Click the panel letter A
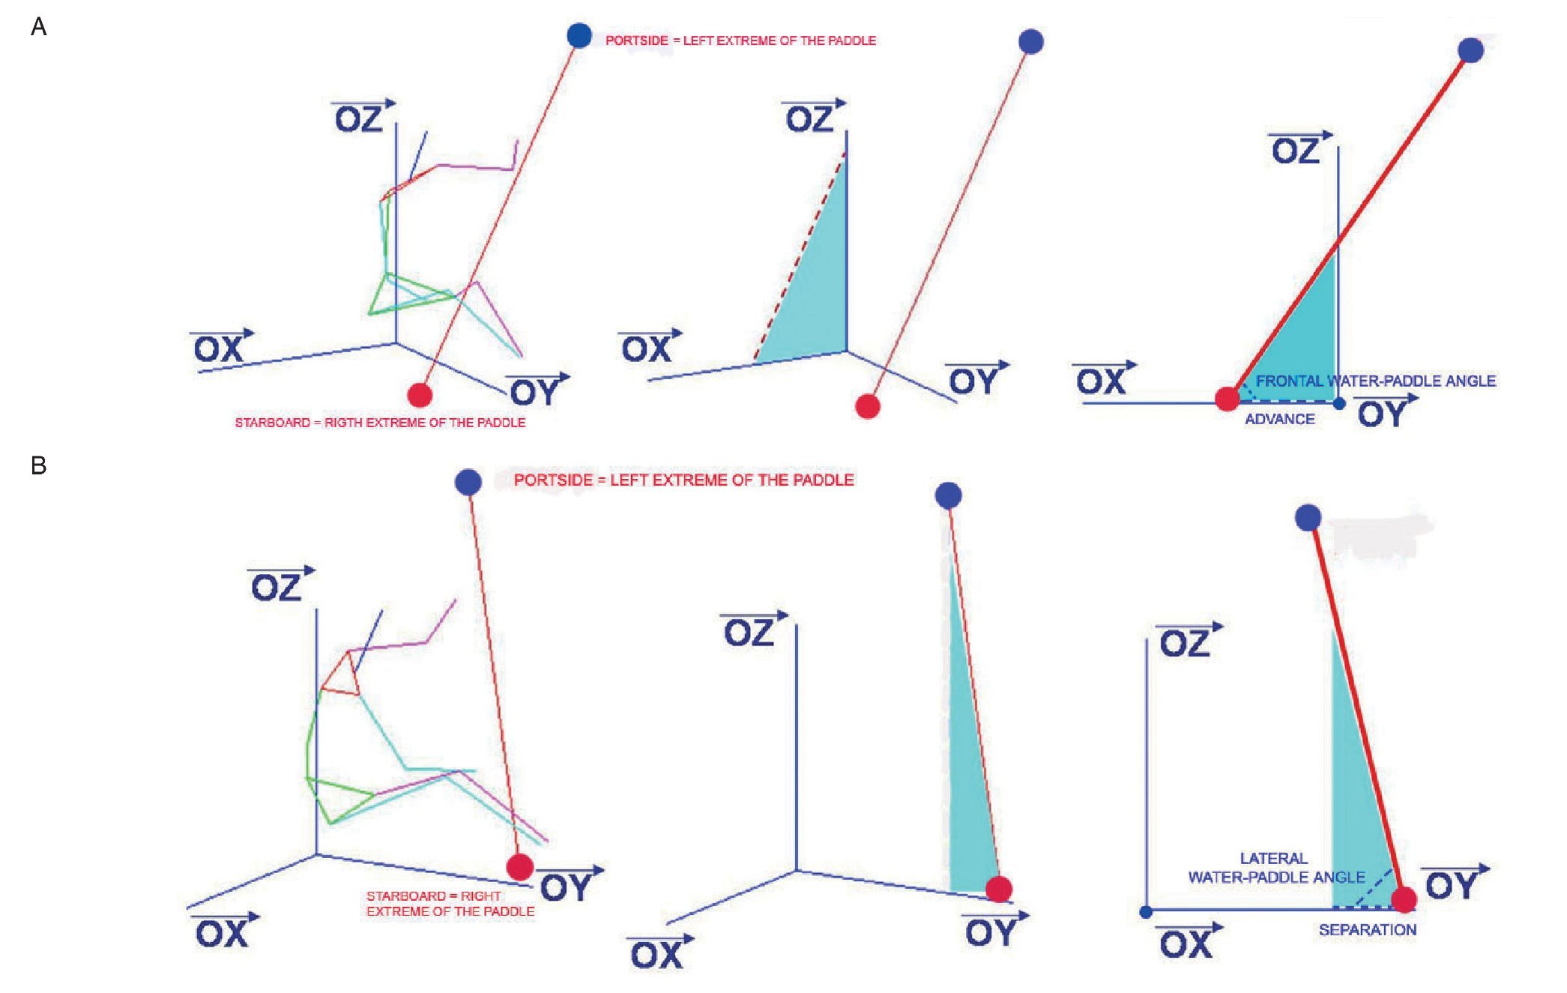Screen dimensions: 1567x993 (x=38, y=28)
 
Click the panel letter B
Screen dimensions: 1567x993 (x=38, y=466)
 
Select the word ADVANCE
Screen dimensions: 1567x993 (x=1280, y=420)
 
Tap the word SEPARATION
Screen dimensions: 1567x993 (x=1368, y=930)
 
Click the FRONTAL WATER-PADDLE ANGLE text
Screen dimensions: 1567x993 (x=1376, y=381)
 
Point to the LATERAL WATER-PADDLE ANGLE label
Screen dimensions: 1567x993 (x=1276, y=868)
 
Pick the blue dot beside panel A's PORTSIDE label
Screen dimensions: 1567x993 (x=579, y=35)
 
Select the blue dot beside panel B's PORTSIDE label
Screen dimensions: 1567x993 (x=468, y=482)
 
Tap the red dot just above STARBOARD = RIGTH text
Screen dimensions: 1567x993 (x=420, y=395)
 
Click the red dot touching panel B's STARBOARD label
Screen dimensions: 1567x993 (x=519, y=867)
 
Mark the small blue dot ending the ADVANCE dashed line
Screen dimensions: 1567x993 (x=1339, y=404)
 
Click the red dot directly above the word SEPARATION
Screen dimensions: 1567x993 (x=1404, y=899)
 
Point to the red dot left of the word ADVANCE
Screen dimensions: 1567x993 (x=1227, y=399)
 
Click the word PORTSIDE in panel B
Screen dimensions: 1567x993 (x=553, y=480)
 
